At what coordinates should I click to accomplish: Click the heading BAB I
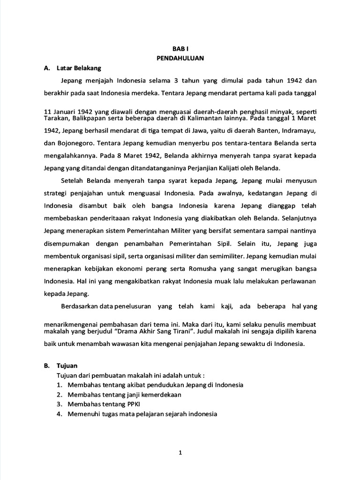180,49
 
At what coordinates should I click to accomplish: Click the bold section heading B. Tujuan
60,366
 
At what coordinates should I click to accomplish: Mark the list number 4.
60,414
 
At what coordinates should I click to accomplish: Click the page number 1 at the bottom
180,453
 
